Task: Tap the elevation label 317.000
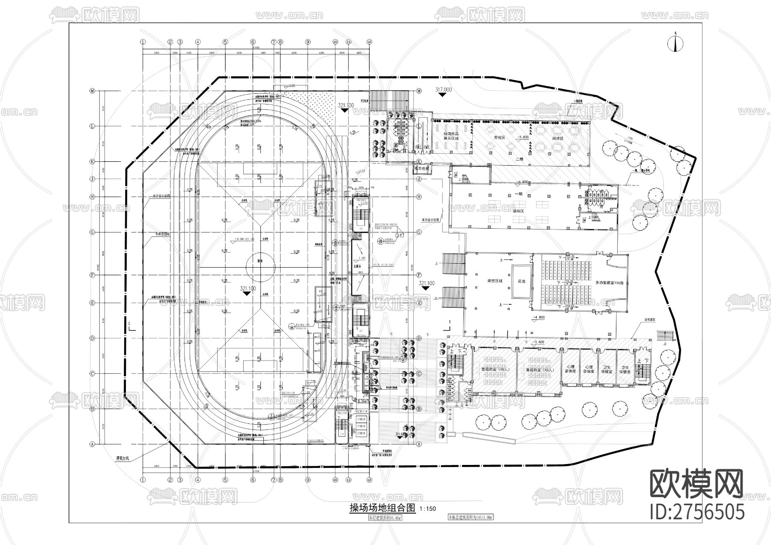(443, 90)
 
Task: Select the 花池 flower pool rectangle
(521, 281)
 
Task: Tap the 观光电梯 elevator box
(423, 168)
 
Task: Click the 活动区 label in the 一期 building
(520, 211)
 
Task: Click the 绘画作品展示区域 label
(450, 136)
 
